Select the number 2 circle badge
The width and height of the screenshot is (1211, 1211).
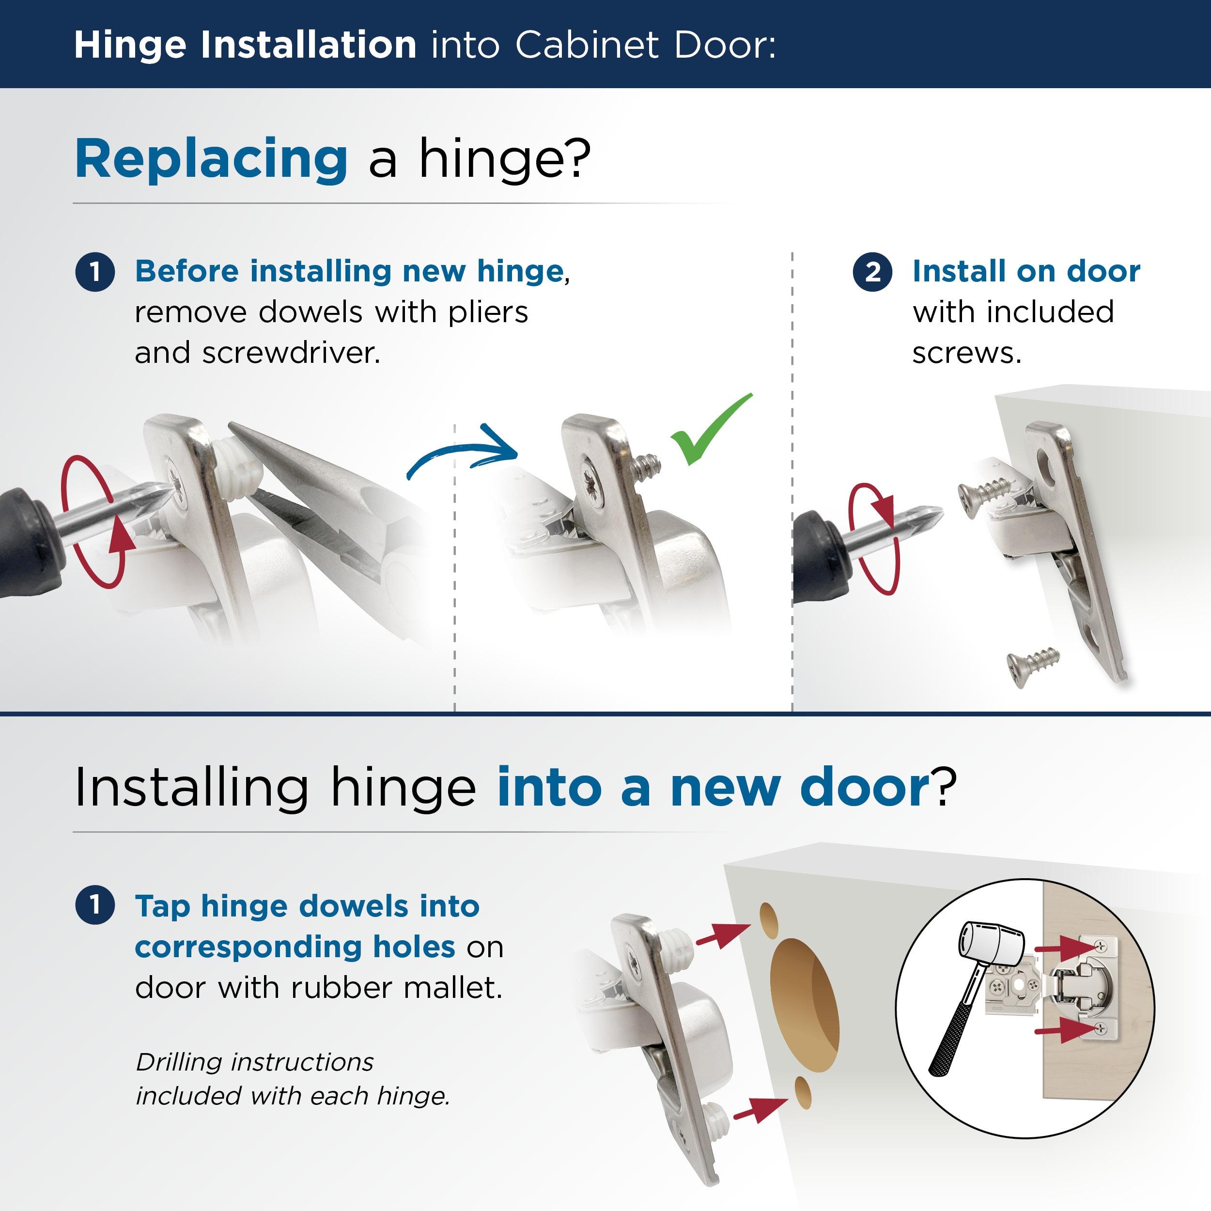[x=872, y=273]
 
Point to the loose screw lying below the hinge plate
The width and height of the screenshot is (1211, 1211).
[x=1033, y=667]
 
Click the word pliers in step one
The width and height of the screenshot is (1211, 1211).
[x=488, y=312]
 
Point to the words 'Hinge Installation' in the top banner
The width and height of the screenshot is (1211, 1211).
[x=245, y=45]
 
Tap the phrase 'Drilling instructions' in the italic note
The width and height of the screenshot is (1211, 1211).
[x=254, y=1062]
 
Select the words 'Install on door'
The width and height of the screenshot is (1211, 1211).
[x=1025, y=271]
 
